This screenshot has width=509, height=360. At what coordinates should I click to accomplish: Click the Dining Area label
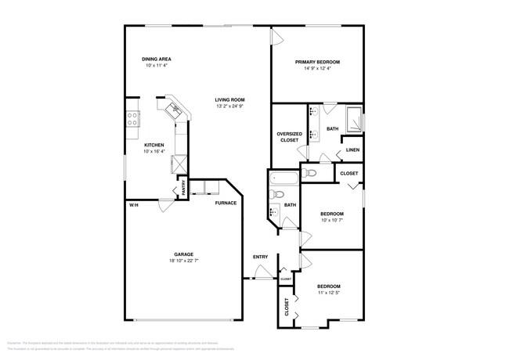(x=157, y=59)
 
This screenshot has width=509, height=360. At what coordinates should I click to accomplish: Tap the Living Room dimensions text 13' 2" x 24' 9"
(x=231, y=106)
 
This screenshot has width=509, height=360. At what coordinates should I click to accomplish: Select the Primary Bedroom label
(x=317, y=63)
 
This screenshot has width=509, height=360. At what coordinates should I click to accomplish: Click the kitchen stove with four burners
(x=133, y=119)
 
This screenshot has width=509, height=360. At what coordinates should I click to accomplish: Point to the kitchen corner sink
(x=174, y=109)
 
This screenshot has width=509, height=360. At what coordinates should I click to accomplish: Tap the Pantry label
(x=184, y=187)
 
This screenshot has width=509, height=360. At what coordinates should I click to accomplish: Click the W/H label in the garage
(x=134, y=205)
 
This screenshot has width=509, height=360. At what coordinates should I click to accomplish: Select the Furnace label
(x=226, y=203)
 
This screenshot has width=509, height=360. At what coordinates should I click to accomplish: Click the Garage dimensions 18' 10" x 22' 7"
(x=184, y=261)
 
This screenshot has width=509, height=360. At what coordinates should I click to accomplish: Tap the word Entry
(x=260, y=257)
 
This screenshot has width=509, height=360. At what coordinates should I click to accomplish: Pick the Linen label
(x=352, y=149)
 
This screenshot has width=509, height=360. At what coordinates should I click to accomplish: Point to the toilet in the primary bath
(x=309, y=172)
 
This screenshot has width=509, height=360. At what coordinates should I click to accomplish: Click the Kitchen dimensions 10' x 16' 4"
(x=153, y=152)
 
